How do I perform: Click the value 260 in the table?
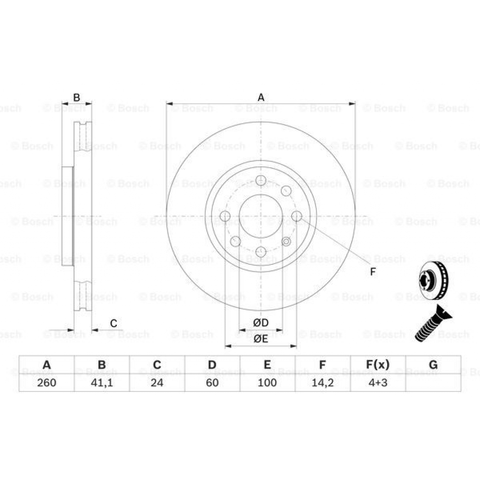(x=46, y=382)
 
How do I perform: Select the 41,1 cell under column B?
(x=102, y=382)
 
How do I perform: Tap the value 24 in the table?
(x=157, y=382)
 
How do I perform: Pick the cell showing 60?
(x=212, y=382)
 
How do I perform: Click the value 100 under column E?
(x=267, y=382)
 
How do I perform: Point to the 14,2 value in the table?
(x=322, y=382)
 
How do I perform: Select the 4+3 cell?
(x=378, y=382)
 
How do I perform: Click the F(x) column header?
(x=378, y=365)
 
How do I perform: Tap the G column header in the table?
(x=433, y=365)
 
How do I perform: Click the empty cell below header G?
(x=433, y=382)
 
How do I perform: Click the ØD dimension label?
(x=261, y=323)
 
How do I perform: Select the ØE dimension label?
(x=261, y=339)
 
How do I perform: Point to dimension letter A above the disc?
(x=261, y=97)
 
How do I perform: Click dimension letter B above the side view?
(x=77, y=97)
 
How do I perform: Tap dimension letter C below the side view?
(x=113, y=323)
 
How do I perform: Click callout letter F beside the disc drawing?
(x=373, y=272)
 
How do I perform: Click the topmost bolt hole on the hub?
(x=261, y=180)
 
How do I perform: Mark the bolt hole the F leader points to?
(x=297, y=216)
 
